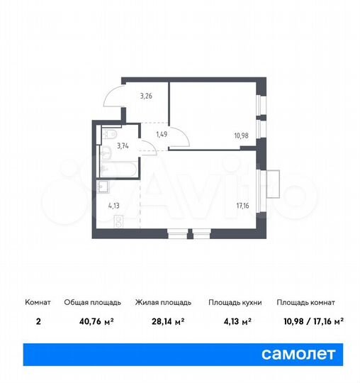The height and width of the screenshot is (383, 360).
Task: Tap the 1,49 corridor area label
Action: tap(162, 133)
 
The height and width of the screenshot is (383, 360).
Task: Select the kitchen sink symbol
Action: tap(103, 188)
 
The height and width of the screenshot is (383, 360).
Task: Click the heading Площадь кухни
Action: tap(235, 303)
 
